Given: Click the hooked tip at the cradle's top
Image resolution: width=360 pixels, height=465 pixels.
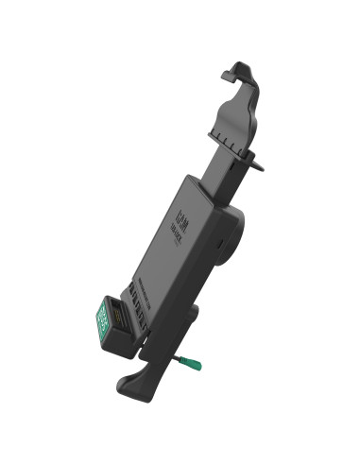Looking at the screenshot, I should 231,72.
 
